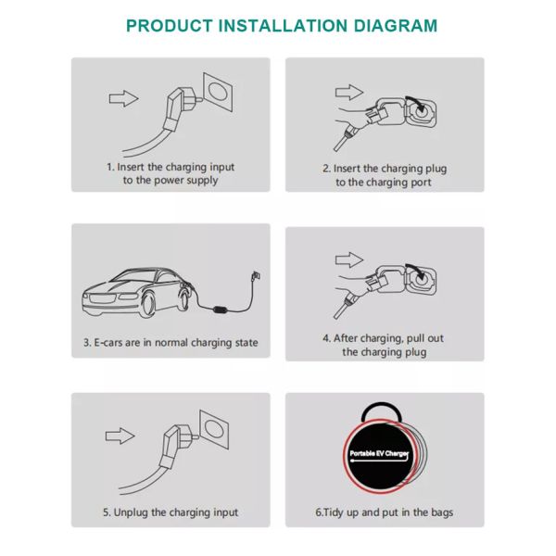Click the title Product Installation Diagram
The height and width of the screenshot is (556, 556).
tap(281, 25)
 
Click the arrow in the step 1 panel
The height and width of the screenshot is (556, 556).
tap(122, 97)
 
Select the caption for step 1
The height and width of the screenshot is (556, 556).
tap(171, 173)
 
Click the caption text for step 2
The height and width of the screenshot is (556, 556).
tap(384, 175)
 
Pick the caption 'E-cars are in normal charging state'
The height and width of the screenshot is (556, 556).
tap(171, 343)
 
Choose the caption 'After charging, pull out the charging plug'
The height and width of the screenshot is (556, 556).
tap(384, 345)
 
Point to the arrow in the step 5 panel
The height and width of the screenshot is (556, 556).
tap(122, 435)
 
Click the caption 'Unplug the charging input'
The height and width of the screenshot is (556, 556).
tap(171, 512)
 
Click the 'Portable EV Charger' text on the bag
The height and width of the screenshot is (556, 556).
tap(379, 454)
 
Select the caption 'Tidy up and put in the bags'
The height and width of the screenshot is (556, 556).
tap(384, 512)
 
